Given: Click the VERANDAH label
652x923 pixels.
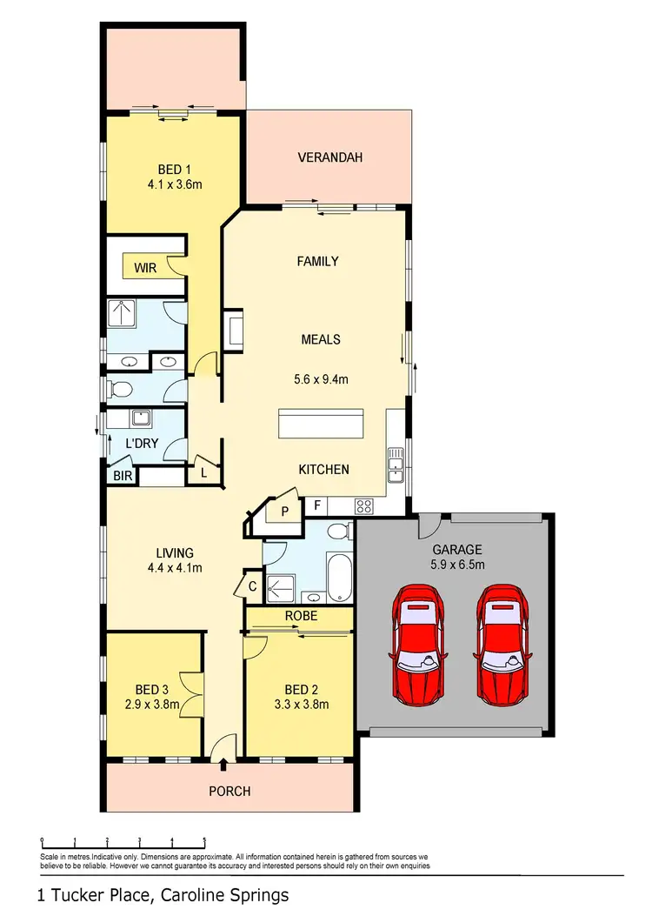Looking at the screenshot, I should tap(329, 157).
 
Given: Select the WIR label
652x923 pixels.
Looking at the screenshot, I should tap(145, 268).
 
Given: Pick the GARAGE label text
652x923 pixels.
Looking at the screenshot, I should tap(457, 550).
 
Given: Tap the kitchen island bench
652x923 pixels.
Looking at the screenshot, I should tap(323, 425).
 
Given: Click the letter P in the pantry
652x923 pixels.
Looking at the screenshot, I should tap(284, 512).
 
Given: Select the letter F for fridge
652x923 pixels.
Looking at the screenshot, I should tap(318, 505).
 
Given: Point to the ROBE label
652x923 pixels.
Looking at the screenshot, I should tap(300, 616).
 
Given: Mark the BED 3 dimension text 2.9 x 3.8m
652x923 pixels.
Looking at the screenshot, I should tap(151, 705).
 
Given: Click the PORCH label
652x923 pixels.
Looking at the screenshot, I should tap(230, 791).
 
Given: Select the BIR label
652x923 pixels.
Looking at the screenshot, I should tap(120, 477).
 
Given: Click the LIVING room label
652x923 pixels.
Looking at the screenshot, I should tap(174, 552).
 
